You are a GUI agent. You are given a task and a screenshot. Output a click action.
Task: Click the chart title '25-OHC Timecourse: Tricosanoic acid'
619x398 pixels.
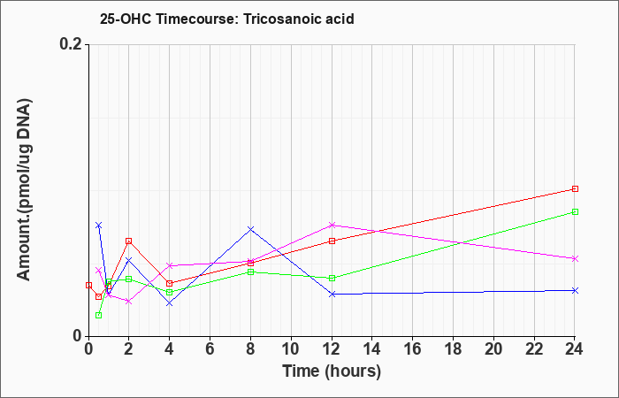coord(227,19)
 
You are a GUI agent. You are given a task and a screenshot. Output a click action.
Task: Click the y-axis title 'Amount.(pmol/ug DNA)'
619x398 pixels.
coord(25,189)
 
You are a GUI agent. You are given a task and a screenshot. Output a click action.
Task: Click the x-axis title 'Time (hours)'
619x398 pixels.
coord(332,371)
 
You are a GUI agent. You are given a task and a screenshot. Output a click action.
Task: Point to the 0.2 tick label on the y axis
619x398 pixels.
coord(71,44)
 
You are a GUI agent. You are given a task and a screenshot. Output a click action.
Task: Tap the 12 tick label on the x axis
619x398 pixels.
coord(332,349)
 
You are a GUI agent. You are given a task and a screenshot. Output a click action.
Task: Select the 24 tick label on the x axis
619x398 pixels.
coord(575,349)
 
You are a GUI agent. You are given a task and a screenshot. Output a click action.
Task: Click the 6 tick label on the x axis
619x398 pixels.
coord(210,349)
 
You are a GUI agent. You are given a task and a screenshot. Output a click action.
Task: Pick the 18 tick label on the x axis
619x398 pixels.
coord(453,349)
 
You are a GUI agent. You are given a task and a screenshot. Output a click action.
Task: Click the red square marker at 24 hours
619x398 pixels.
coord(575,188)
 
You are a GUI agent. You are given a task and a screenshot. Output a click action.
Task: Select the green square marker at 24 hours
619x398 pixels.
coord(575,211)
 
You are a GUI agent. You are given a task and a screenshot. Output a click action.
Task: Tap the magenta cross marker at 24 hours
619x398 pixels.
coord(575,258)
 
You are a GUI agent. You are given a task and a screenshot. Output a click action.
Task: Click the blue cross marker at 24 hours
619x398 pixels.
coord(575,290)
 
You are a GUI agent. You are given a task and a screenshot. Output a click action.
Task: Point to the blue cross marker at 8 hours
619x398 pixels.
coord(250,229)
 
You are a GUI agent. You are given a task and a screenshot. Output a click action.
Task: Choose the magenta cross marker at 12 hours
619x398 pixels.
coord(332,225)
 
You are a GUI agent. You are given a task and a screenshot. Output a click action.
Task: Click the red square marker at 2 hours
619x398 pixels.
coord(129,241)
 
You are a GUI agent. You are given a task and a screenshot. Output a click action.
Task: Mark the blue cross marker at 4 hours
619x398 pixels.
coord(170,302)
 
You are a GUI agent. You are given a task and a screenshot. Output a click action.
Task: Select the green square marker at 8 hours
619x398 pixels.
coord(250,272)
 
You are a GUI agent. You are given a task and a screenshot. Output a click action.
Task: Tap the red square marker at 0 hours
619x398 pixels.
coord(88,285)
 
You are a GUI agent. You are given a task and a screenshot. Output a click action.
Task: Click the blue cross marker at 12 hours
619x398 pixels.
coord(332,294)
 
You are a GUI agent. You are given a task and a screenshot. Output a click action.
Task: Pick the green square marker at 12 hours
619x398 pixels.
coord(332,278)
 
